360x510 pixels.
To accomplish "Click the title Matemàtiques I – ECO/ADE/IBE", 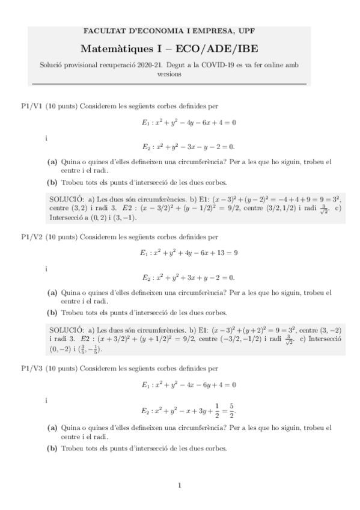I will [180, 48].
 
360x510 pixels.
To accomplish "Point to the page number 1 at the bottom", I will [180, 485].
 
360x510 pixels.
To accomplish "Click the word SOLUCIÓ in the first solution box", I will [66, 199].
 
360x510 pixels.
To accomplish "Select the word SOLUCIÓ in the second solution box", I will [66, 330].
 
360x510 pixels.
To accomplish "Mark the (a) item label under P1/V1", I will [52, 162].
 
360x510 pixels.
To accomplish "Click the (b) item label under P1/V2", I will [52, 313].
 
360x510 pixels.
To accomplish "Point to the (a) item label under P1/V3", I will [52, 428].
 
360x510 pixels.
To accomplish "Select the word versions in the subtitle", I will [180, 75].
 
